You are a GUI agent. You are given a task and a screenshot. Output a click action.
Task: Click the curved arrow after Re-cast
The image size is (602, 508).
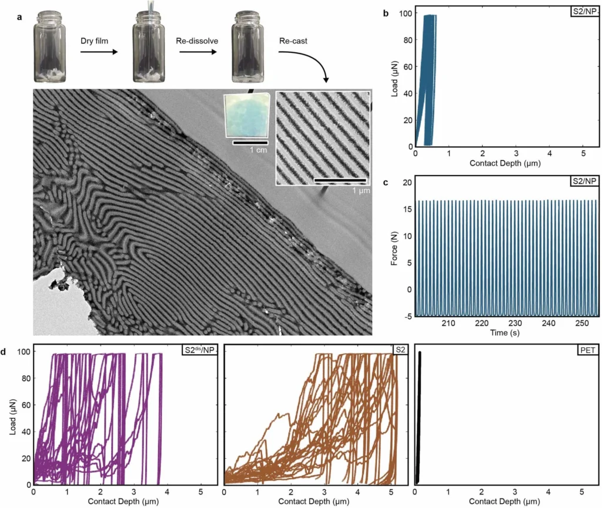312,64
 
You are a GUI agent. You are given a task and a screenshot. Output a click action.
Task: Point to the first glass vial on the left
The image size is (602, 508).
49,44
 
